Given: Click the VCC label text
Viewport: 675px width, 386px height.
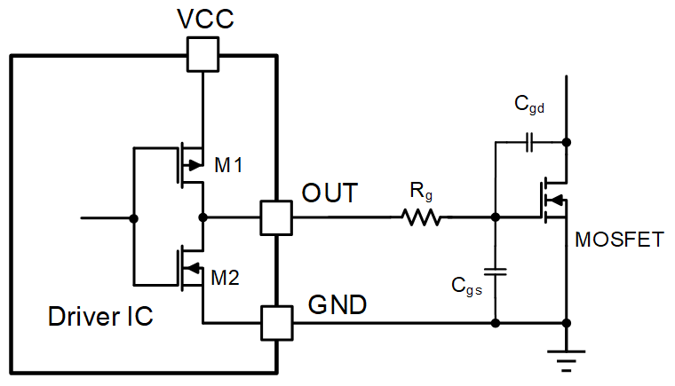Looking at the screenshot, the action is [x=205, y=19].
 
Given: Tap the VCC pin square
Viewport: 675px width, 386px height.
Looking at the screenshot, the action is [x=202, y=54].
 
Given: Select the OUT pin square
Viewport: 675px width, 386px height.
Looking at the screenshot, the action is [x=276, y=217].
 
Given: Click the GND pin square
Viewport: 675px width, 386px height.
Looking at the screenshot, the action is [x=277, y=323].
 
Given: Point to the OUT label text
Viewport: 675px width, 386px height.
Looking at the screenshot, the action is [x=330, y=193].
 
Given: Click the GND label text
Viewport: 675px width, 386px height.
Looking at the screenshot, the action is [x=337, y=304].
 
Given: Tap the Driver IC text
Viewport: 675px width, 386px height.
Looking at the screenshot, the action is [x=100, y=316].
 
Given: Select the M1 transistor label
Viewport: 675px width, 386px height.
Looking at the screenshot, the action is [x=228, y=165].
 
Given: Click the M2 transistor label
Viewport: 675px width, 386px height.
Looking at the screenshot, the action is [x=225, y=278].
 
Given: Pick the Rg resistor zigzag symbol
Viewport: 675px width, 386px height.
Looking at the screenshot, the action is [x=422, y=217].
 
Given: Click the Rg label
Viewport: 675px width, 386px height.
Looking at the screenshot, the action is [x=421, y=192].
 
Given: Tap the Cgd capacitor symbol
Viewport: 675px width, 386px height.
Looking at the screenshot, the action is [x=529, y=142].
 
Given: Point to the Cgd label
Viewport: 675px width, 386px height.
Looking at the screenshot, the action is [x=529, y=105].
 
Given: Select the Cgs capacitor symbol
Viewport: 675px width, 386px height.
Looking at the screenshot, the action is [x=496, y=272].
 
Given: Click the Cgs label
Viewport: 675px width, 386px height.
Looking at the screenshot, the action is [x=466, y=286].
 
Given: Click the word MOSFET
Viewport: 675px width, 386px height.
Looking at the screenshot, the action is [x=619, y=240].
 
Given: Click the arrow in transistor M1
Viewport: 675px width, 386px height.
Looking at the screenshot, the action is [x=195, y=165].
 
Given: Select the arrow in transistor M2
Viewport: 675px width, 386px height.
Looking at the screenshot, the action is [x=194, y=268].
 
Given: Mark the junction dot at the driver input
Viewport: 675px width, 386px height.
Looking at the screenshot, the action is [x=134, y=218].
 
